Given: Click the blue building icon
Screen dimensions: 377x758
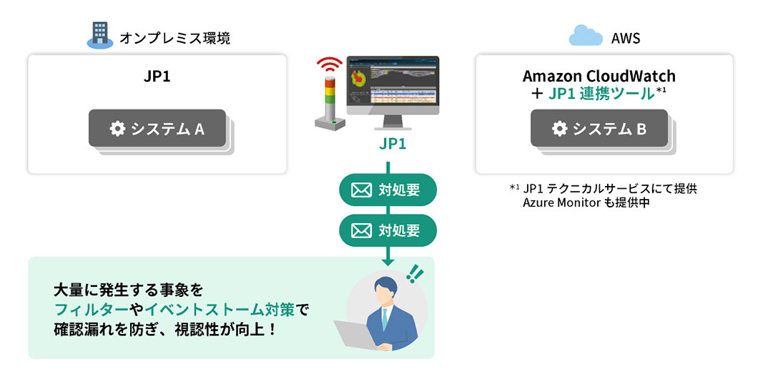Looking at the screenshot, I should [100, 34].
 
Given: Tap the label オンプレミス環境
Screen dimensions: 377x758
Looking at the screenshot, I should [175, 38].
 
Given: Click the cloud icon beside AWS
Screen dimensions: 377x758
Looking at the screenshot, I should [584, 35].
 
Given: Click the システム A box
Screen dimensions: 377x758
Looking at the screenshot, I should [157, 129].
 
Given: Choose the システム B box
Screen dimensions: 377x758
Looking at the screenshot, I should [599, 129].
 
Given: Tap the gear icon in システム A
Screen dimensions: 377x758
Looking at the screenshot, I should [117, 129].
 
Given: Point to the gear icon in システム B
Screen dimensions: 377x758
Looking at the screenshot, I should [560, 129].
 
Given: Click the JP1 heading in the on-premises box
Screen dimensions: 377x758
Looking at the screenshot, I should [157, 76].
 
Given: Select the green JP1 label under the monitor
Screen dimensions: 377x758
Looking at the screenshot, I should [393, 144].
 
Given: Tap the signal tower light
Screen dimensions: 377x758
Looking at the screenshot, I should [329, 100].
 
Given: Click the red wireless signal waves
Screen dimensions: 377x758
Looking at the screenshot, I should [329, 65].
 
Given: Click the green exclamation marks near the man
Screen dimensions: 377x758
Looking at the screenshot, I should [413, 273].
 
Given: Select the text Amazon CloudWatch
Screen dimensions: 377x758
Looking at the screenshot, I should [599, 76].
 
